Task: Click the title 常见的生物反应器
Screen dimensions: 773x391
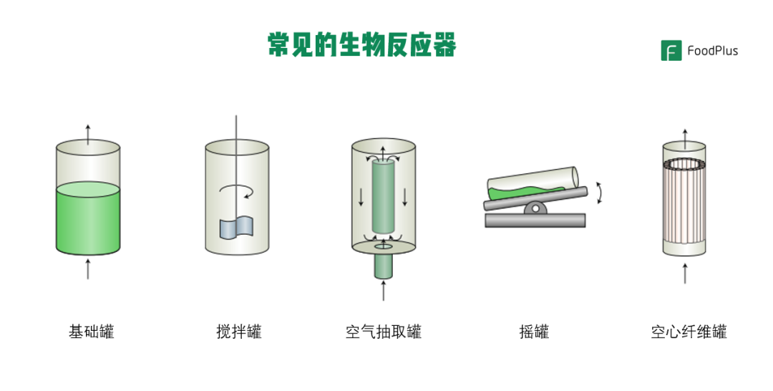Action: click(362, 45)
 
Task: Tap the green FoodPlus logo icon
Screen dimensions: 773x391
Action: click(671, 50)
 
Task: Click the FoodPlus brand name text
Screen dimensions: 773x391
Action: click(712, 51)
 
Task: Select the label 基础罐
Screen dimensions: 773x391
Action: click(91, 332)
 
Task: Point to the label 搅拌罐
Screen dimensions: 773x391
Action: click(238, 332)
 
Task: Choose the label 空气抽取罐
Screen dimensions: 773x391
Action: click(384, 332)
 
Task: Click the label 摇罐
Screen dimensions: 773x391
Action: click(534, 332)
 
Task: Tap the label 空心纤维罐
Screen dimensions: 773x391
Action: click(689, 332)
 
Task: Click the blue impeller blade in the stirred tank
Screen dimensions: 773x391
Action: click(237, 227)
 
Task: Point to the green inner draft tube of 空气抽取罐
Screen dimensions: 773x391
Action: click(383, 197)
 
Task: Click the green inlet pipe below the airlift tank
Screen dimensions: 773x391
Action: click(383, 266)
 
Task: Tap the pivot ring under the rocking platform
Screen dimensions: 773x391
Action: click(535, 209)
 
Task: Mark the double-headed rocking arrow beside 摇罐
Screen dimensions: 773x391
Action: click(600, 193)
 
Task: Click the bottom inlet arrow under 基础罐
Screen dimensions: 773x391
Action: click(88, 269)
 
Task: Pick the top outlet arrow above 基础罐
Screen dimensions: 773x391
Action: click(88, 135)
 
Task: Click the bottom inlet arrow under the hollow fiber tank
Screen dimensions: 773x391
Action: click(685, 273)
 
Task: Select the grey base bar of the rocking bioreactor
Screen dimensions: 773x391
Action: click(535, 221)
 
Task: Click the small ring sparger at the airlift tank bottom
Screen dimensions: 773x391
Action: click(384, 246)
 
